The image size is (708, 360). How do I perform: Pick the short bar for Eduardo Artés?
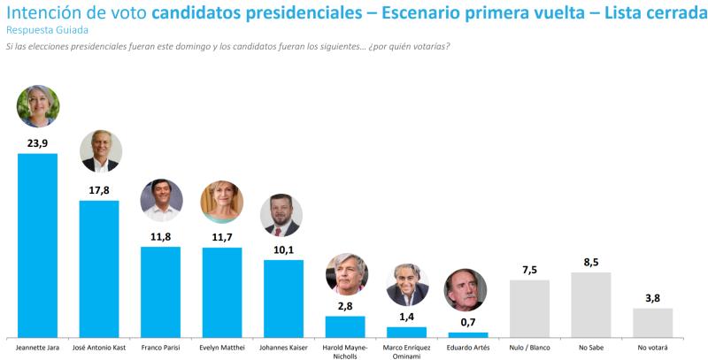pyautogui.click(x=468, y=333)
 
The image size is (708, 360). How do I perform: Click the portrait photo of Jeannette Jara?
pyautogui.click(x=38, y=107)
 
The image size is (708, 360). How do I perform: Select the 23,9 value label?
pyautogui.click(x=37, y=142)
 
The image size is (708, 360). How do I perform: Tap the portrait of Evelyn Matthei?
pyautogui.click(x=222, y=202)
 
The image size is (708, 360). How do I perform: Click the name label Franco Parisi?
pyautogui.click(x=160, y=346)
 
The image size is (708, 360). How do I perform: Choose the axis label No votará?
pyautogui.click(x=653, y=346)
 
